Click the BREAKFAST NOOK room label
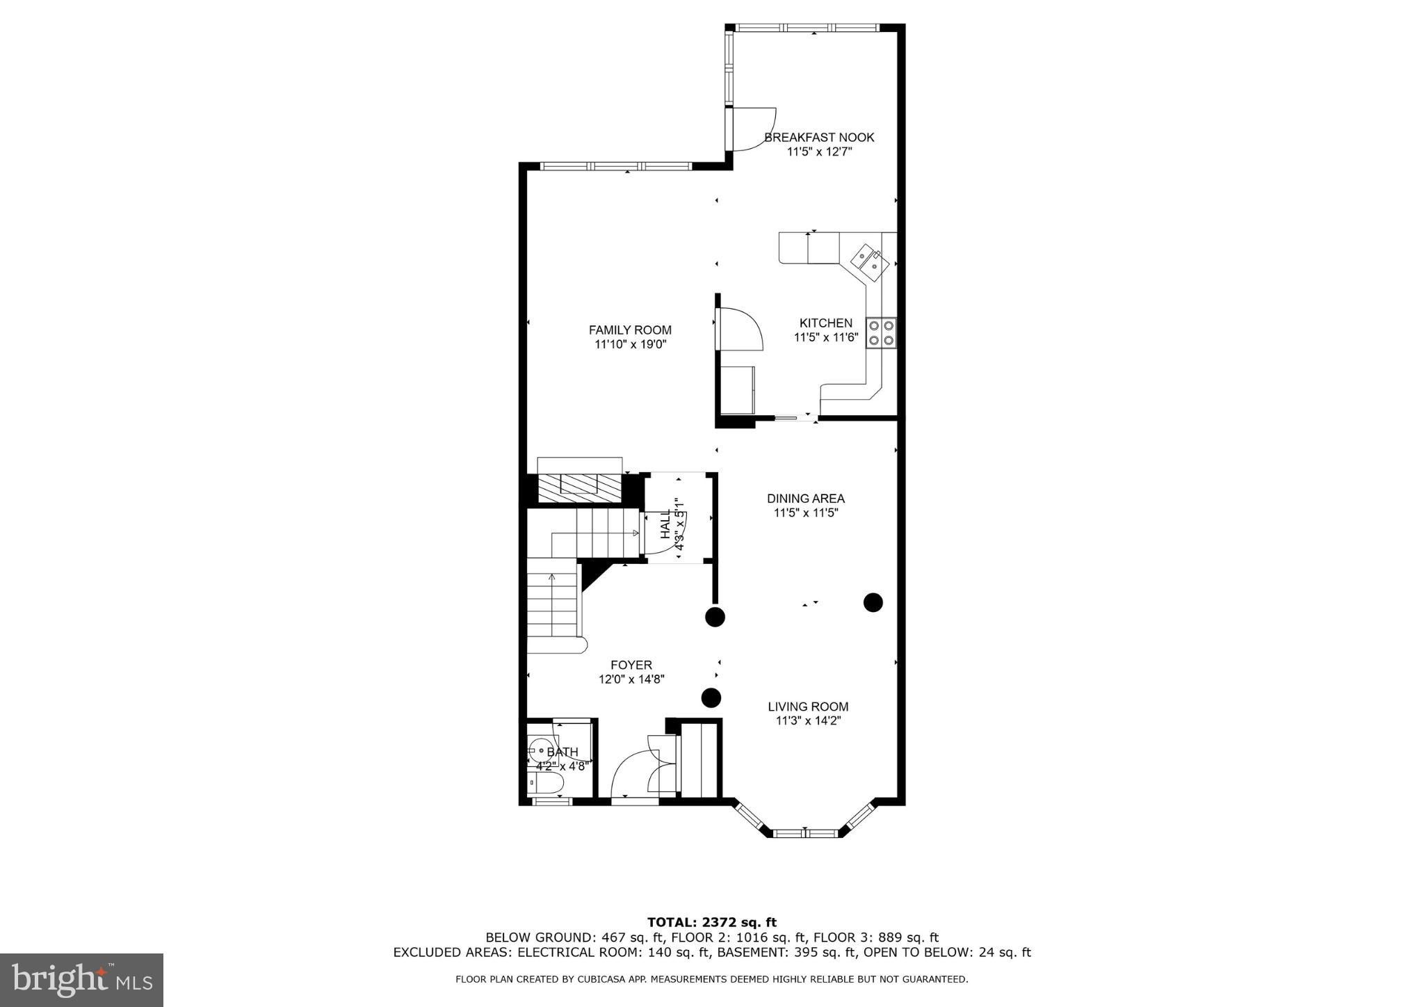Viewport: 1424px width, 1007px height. coord(819,138)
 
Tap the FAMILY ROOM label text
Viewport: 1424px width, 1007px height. coord(630,330)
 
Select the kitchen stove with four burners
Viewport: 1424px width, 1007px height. coord(881,332)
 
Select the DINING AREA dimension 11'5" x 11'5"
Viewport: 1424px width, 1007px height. coord(806,513)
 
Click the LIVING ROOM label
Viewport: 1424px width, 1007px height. coord(808,707)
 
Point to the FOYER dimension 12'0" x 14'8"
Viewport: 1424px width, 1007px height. coord(632,679)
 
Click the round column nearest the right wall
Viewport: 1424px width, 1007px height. coord(873,602)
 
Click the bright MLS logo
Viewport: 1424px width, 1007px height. coord(81,980)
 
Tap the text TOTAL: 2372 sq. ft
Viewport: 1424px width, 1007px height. coord(711,923)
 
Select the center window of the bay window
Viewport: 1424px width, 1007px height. coord(804,832)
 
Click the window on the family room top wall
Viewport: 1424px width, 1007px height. coord(615,166)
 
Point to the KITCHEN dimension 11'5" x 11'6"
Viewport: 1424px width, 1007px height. coord(826,338)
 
